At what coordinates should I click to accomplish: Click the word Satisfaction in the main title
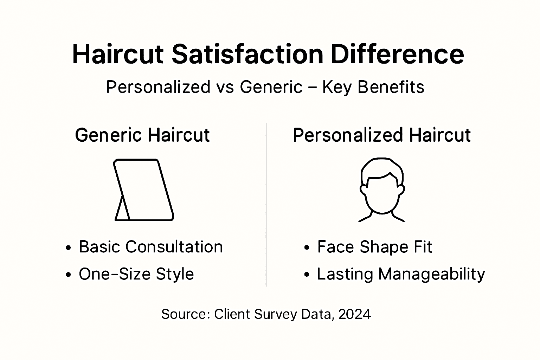247,54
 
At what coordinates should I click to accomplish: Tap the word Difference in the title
397,54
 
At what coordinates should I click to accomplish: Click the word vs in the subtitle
225,87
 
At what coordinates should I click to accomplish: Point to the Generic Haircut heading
142,135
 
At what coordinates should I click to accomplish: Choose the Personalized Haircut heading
382,135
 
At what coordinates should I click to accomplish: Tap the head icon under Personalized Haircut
382,190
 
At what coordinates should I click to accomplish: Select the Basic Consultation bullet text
151,247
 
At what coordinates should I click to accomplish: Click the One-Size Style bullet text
136,274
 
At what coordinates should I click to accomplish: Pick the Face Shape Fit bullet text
374,247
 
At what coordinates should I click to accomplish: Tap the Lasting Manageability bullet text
401,274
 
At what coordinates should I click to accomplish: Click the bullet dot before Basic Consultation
69,248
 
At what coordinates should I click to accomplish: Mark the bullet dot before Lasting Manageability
307,275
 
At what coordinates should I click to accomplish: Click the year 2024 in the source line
355,314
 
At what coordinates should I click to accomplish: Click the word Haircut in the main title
118,54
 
